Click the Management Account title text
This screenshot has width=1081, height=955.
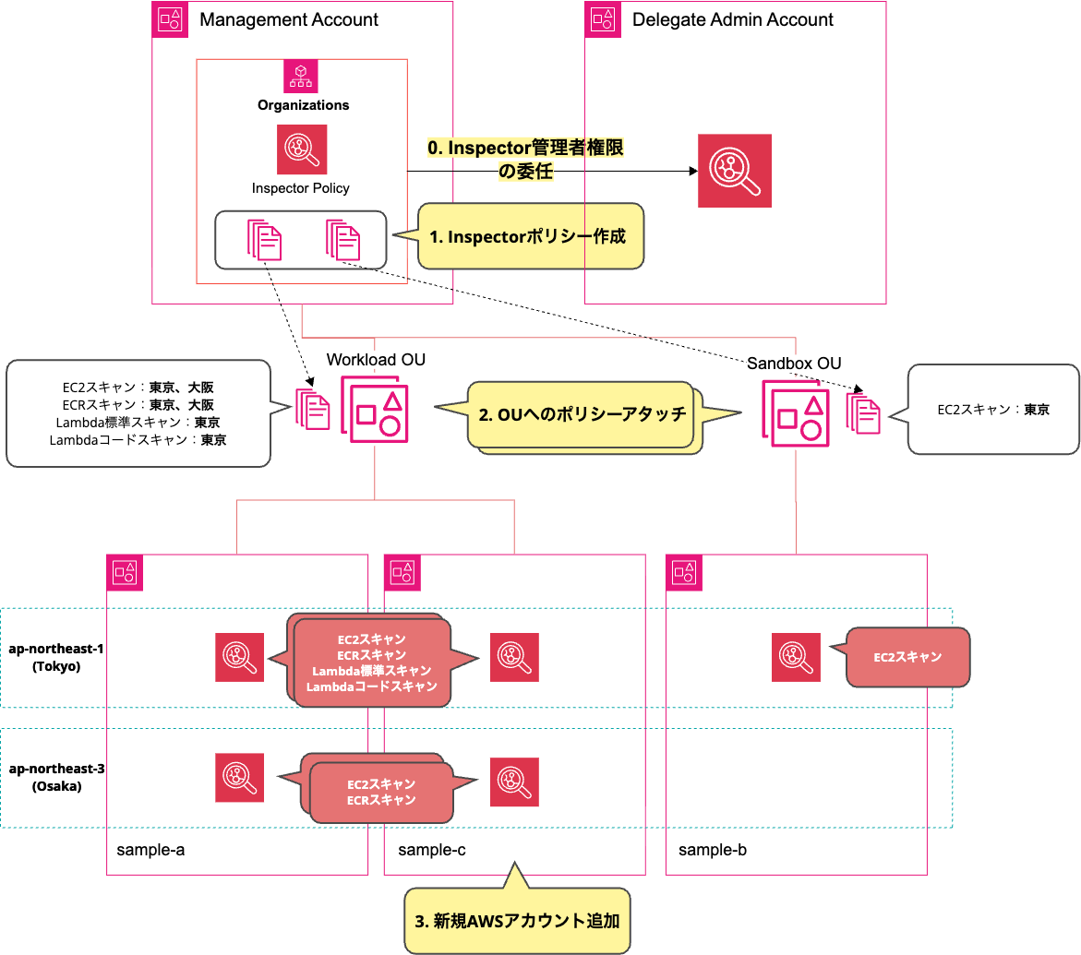pos(288,19)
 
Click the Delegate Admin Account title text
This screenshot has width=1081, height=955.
pos(732,19)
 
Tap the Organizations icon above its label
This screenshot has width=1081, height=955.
pos(301,76)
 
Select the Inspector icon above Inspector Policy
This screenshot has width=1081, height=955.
pos(301,149)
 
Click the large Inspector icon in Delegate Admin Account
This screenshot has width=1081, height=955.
pos(734,171)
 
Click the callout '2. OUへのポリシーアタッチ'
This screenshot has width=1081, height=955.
pos(582,414)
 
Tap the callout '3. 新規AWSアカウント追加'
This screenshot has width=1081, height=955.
pos(517,920)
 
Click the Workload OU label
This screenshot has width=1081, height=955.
pos(376,359)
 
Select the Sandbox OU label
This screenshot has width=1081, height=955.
pos(794,363)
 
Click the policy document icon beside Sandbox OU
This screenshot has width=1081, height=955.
pos(864,414)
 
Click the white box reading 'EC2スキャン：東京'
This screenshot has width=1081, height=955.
pos(993,410)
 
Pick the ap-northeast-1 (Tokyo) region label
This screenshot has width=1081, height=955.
pos(56,657)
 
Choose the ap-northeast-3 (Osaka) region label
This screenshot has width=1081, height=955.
pos(56,777)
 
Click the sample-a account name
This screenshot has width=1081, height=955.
pos(150,849)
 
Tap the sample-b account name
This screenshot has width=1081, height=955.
pos(712,849)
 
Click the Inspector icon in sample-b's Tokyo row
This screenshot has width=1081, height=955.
pos(796,657)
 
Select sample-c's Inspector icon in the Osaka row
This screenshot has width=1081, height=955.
pos(514,782)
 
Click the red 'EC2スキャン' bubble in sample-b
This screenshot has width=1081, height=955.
pos(907,657)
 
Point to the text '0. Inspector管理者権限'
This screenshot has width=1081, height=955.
pos(532,148)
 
